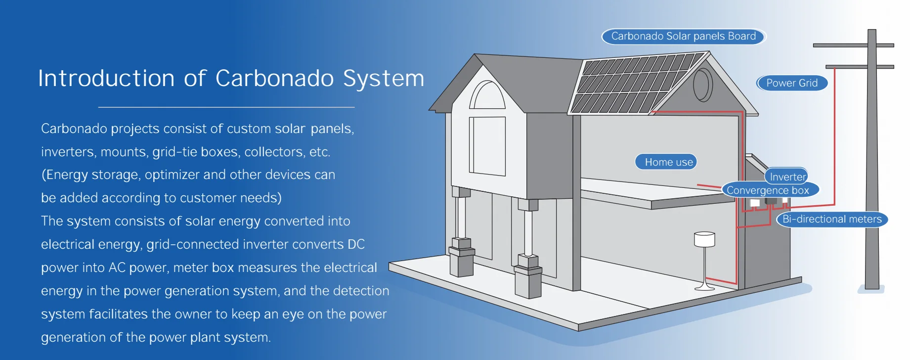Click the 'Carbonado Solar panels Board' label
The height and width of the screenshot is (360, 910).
pyautogui.click(x=683, y=36)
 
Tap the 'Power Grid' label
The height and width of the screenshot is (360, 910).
pyautogui.click(x=792, y=83)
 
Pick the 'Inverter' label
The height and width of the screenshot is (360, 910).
pyautogui.click(x=787, y=177)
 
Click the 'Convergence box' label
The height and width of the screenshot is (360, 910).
pyautogui.click(x=769, y=190)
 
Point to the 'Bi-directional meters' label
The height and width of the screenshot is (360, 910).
pyautogui.click(x=832, y=219)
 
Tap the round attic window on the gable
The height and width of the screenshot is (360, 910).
pyautogui.click(x=702, y=85)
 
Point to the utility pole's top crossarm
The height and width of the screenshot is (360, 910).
pyautogui.click(x=853, y=45)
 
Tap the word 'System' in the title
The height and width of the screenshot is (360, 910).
pyautogui.click(x=384, y=79)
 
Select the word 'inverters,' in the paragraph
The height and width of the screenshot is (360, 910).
pyautogui.click(x=69, y=152)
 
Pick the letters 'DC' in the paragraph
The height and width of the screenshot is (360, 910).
pyautogui.click(x=356, y=244)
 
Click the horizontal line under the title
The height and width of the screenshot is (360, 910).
pyautogui.click(x=226, y=107)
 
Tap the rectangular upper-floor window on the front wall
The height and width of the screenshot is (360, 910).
pyautogui.click(x=487, y=146)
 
